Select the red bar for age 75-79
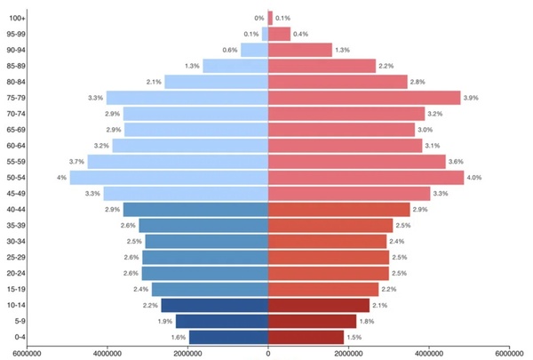pos(364,98)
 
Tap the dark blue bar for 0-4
pos(228,338)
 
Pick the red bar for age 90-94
pos(299,50)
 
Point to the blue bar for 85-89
pos(235,66)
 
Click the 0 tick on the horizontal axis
pos(268,353)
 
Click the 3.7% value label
pos(76,162)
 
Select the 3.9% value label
pos(471,98)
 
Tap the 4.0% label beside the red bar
pos(474,178)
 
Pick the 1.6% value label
pos(178,338)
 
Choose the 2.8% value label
pos(418,82)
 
